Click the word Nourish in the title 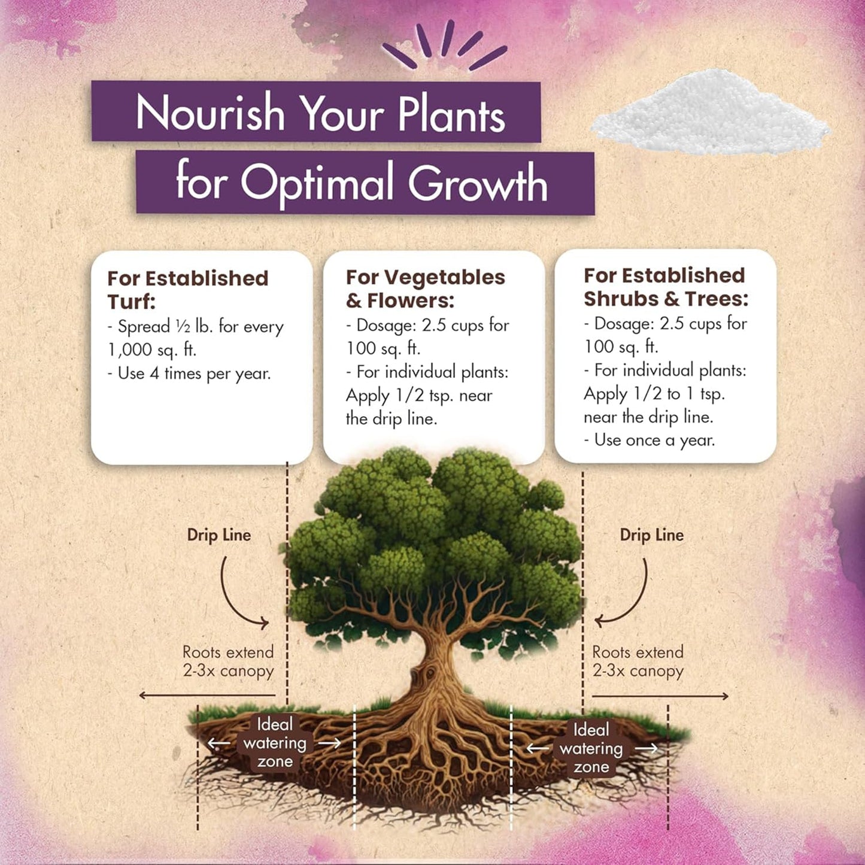click(x=210, y=113)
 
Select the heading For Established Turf click(x=187, y=290)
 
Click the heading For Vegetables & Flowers click(x=425, y=289)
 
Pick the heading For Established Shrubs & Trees click(x=666, y=287)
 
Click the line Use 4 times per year click(x=189, y=374)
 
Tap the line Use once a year click(x=649, y=440)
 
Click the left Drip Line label click(x=219, y=535)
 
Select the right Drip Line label click(x=652, y=535)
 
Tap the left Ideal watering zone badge click(x=275, y=743)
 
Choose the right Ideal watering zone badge click(x=591, y=748)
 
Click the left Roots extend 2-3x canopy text click(x=229, y=661)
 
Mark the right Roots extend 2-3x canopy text click(x=638, y=661)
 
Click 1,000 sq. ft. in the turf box click(x=152, y=350)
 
